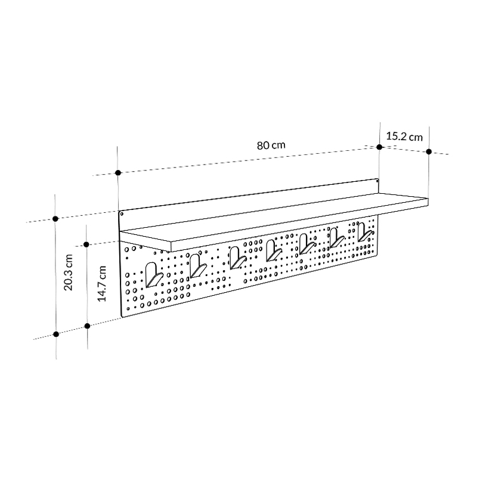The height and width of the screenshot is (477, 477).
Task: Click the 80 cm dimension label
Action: tap(271, 145)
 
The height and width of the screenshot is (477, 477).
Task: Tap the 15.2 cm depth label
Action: tap(404, 137)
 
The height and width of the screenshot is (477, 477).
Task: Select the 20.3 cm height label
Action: tap(69, 271)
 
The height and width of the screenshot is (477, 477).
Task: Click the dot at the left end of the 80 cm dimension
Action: tap(119, 172)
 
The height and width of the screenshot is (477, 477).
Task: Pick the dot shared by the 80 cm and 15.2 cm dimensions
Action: tap(379, 146)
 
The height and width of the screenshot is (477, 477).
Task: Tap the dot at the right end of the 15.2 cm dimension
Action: tap(429, 152)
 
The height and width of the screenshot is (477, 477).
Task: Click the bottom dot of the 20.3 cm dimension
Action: tap(56, 334)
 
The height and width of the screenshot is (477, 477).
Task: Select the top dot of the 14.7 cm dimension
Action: tap(87, 244)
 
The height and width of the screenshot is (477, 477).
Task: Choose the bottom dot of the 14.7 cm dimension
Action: tap(88, 326)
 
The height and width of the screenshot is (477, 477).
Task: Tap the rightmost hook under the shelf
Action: tap(363, 233)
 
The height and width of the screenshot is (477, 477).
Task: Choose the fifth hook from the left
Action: tap(306, 243)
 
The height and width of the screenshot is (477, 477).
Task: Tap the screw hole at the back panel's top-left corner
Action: tap(122, 213)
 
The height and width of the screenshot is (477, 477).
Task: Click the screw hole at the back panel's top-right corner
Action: tap(377, 179)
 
